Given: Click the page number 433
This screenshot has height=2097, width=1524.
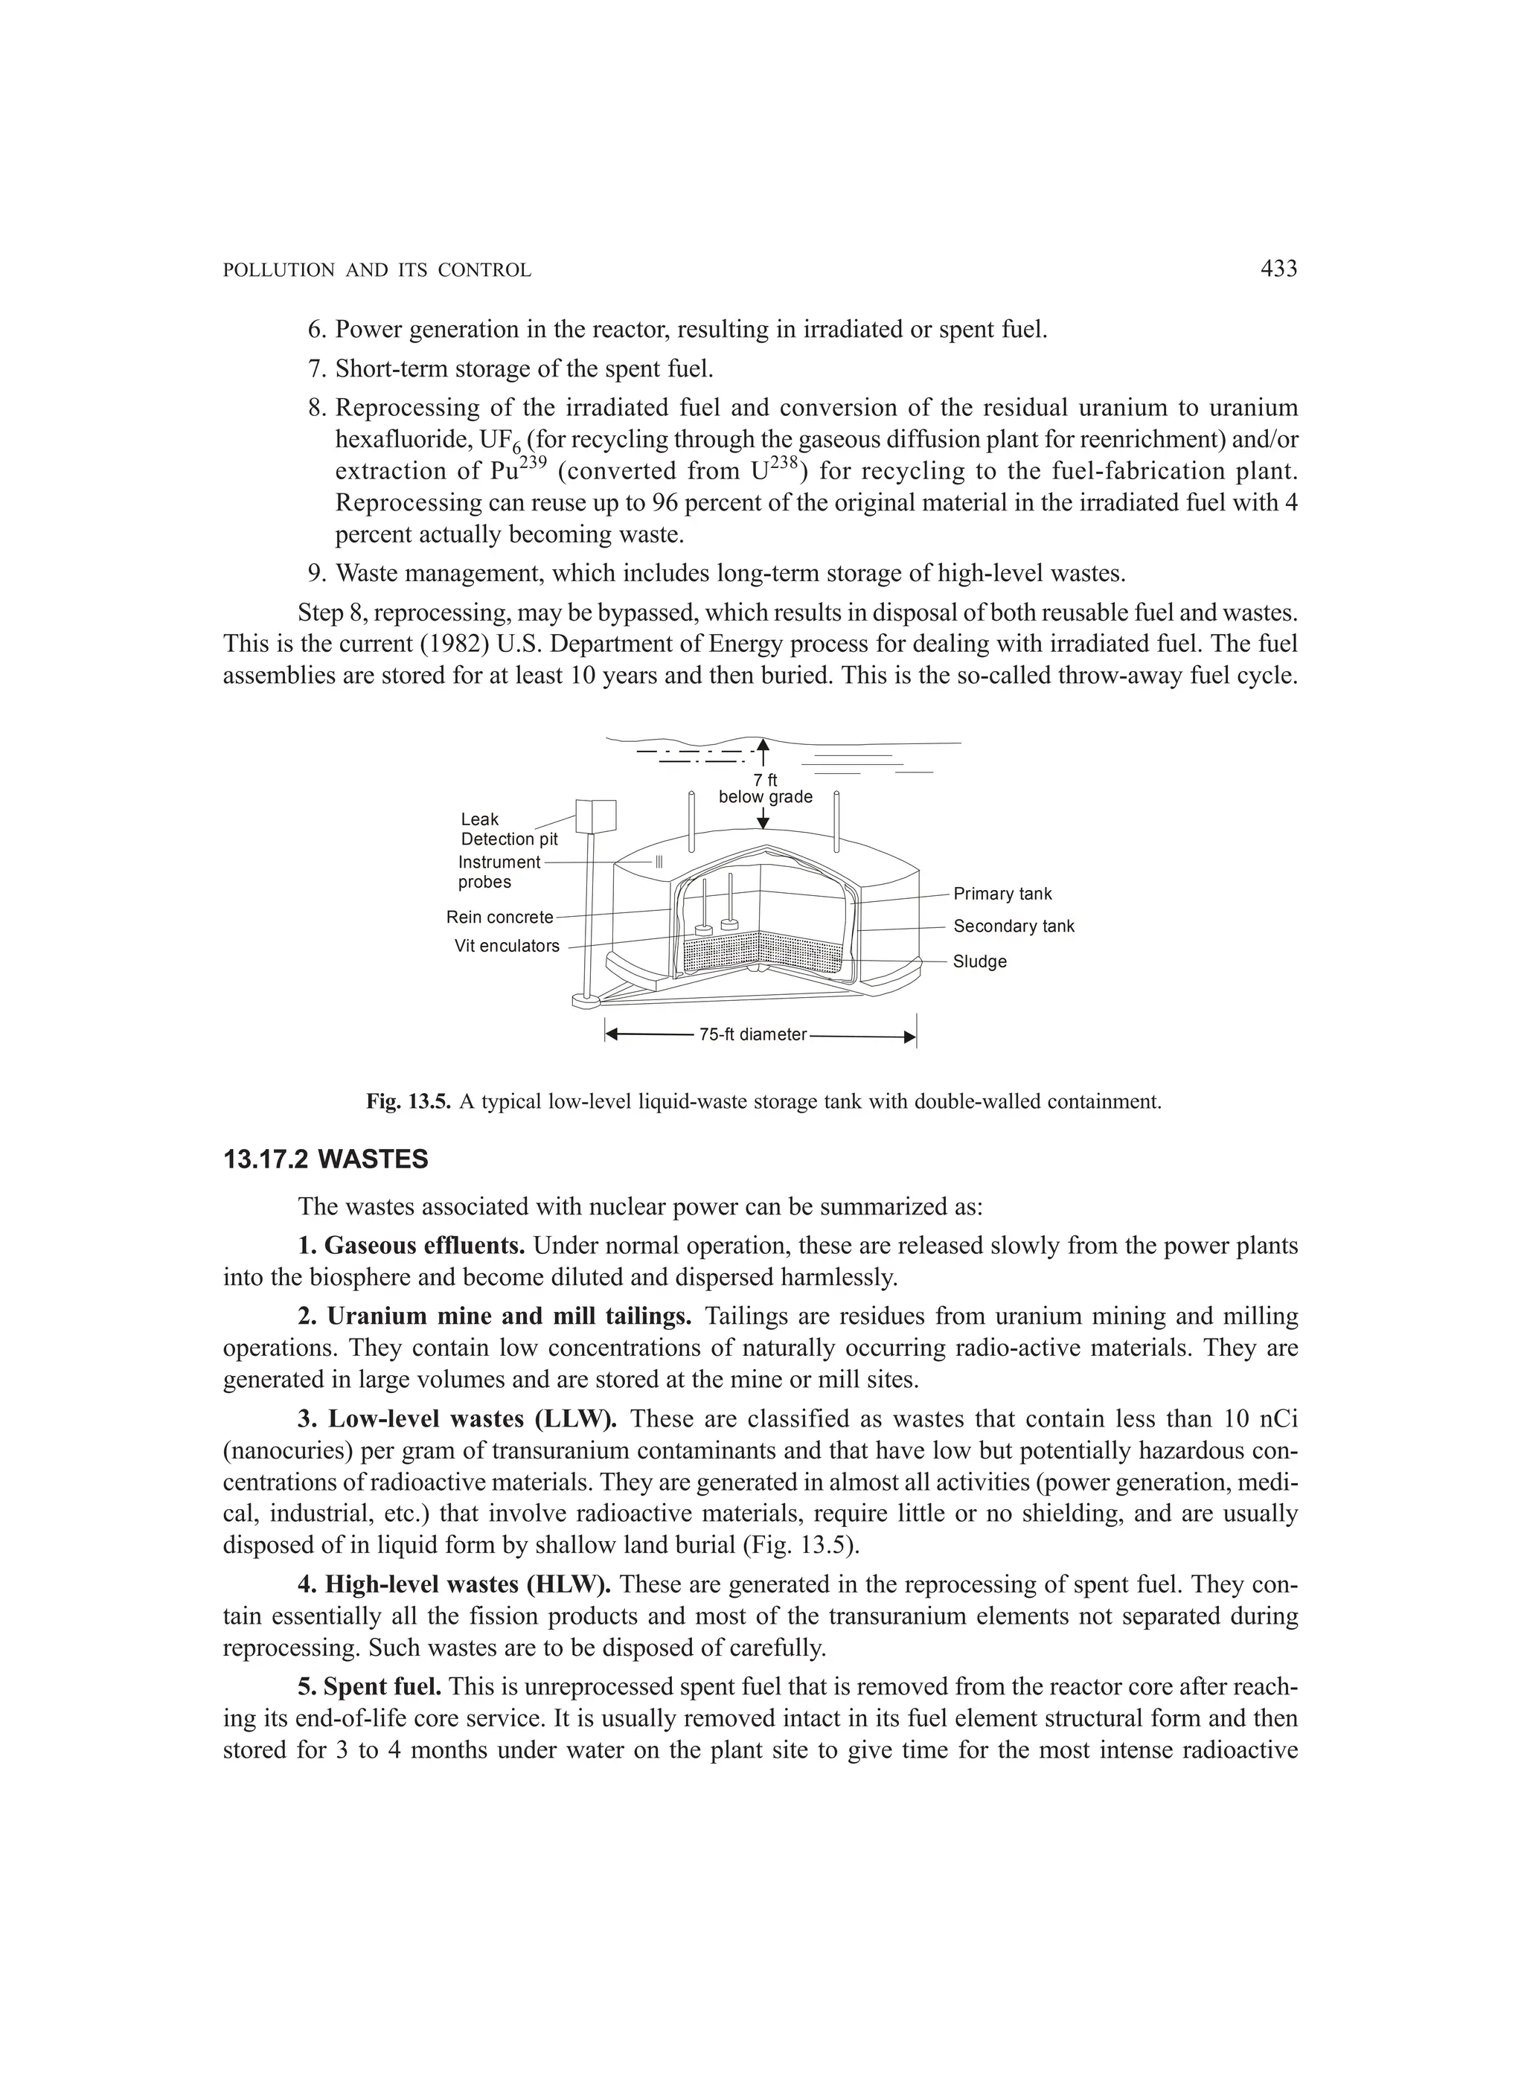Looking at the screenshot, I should (1279, 269).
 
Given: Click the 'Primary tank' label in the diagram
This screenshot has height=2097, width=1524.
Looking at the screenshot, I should (1002, 894).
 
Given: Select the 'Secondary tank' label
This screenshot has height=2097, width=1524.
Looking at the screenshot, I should (1014, 926).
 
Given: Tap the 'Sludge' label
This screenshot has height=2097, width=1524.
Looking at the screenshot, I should (979, 961).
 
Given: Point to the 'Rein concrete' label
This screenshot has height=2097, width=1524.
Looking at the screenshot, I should (499, 918).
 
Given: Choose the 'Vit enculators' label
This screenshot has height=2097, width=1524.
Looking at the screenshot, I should (507, 946).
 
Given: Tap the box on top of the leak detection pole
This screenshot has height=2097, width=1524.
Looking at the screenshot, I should (595, 816).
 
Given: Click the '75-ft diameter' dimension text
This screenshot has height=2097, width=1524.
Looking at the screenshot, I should (753, 1034).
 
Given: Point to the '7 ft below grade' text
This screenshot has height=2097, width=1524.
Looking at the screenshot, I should (766, 790).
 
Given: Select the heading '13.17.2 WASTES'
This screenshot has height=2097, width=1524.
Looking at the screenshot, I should (325, 1159).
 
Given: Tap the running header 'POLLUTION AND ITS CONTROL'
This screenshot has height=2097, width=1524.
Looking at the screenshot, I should (377, 271).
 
